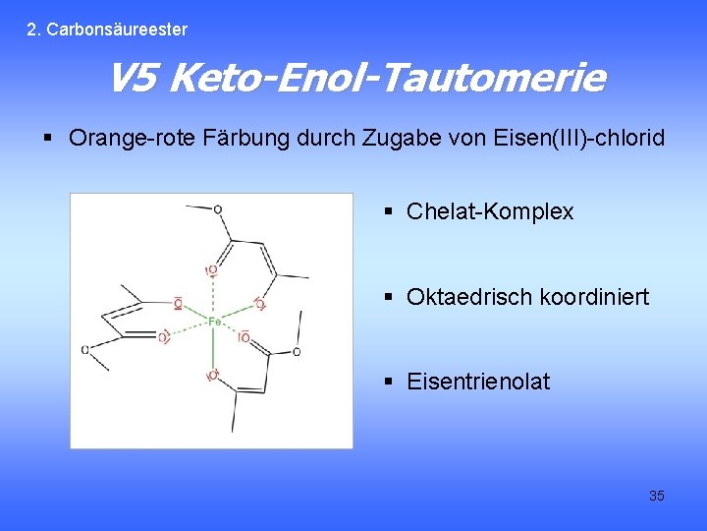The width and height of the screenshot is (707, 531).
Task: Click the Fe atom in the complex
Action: point(213,321)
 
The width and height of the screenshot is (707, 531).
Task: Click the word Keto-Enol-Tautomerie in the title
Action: point(386,78)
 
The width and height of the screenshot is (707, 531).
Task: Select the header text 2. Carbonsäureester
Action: point(107,29)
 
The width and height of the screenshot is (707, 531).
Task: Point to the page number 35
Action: point(656,496)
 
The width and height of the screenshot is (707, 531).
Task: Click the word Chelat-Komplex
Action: point(489,211)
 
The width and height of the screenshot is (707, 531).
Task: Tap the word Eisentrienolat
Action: point(477,381)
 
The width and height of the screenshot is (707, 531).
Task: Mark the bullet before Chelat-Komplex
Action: point(389,211)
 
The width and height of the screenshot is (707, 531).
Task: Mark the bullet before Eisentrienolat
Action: point(389,381)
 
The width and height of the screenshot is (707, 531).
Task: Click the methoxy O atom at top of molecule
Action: point(217,209)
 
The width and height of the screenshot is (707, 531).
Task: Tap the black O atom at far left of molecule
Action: point(85,349)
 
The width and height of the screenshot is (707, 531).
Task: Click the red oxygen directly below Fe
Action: point(212,375)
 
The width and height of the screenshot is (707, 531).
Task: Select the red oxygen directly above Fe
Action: point(211,269)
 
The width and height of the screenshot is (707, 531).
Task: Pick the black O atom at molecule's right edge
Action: point(296,351)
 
